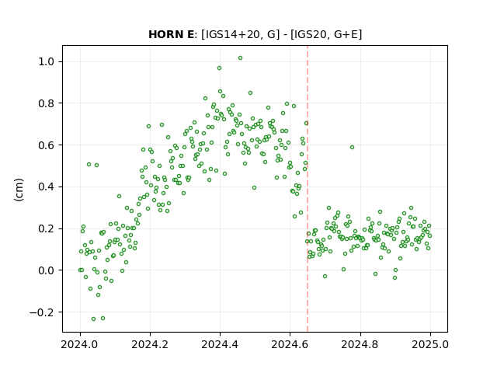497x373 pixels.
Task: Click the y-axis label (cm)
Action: [x=19, y=190]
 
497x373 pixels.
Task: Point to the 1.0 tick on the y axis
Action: [x=46, y=61]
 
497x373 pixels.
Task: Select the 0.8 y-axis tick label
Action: [x=46, y=103]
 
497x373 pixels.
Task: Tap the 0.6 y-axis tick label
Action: [x=46, y=145]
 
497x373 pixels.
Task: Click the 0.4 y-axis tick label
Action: [x=46, y=186]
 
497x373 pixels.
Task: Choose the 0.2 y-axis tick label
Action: [x=46, y=228]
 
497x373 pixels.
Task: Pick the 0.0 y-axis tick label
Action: [x=46, y=270]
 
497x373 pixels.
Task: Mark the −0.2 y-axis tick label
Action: [x=42, y=312]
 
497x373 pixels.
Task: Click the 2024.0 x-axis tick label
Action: [x=80, y=344]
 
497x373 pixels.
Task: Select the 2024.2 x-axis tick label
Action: [x=150, y=344]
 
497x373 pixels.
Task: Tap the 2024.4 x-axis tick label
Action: [x=220, y=344]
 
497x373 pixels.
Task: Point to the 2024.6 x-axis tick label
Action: [x=290, y=344]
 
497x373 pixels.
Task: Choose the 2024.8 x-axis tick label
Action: [x=360, y=344]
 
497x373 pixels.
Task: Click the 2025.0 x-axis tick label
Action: [x=430, y=344]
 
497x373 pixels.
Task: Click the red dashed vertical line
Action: [x=308, y=189]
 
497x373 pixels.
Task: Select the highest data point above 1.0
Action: [x=240, y=58]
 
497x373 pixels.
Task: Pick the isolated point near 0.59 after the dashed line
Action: [x=352, y=147]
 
